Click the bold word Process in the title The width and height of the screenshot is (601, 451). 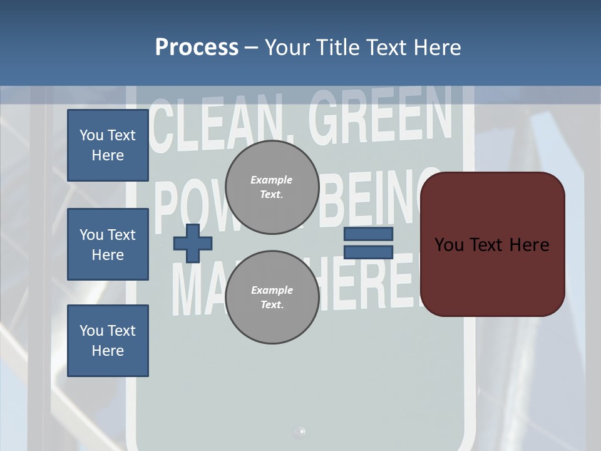point(197,47)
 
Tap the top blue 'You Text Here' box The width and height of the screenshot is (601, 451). point(108,145)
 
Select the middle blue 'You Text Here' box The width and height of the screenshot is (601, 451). point(108,244)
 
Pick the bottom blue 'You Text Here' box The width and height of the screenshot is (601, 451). point(108,341)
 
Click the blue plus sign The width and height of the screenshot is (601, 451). point(193,243)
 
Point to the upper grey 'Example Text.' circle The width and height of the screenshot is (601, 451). point(272,187)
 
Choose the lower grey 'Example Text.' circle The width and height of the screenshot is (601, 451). point(272,298)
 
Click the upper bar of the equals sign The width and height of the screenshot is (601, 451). point(368,234)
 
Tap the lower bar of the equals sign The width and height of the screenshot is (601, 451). point(368,252)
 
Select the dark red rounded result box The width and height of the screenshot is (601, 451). point(493,244)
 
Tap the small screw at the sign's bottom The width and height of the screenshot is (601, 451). point(300,431)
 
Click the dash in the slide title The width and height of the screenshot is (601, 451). point(252,48)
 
